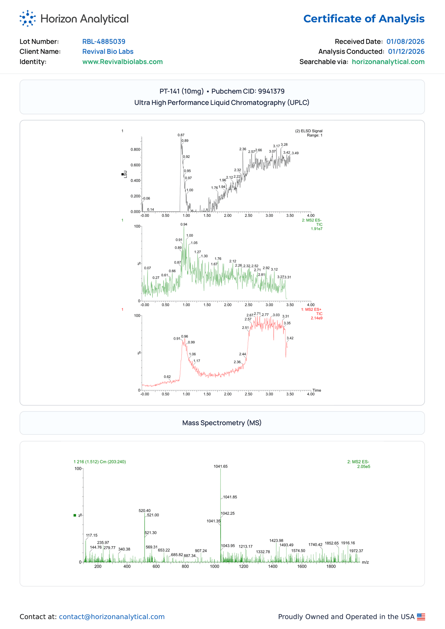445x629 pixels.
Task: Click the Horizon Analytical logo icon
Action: [x=28, y=19]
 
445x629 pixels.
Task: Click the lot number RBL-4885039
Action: [x=104, y=41]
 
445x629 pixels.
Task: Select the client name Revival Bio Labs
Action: [x=108, y=51]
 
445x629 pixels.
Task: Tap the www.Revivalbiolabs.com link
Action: [x=123, y=62]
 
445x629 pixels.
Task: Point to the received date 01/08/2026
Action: [x=405, y=41]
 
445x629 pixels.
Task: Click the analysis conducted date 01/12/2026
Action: [x=406, y=51]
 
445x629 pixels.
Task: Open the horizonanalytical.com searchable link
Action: [x=388, y=62]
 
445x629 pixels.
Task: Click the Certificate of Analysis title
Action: [x=364, y=19]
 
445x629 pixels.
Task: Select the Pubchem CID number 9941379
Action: [x=271, y=91]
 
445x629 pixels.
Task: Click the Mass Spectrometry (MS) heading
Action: [x=222, y=423]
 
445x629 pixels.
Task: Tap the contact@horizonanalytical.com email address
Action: [x=112, y=617]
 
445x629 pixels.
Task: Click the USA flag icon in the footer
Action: [x=421, y=617]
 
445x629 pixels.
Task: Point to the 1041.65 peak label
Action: [x=221, y=466]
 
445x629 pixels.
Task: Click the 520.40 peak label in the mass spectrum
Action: [x=145, y=511]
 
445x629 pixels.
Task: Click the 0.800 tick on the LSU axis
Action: [x=135, y=149]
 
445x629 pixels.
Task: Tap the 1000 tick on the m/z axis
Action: [x=214, y=566]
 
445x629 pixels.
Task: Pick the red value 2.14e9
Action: [x=317, y=318]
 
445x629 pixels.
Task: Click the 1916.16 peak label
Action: [x=348, y=543]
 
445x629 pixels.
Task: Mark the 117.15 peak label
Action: [x=92, y=535]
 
